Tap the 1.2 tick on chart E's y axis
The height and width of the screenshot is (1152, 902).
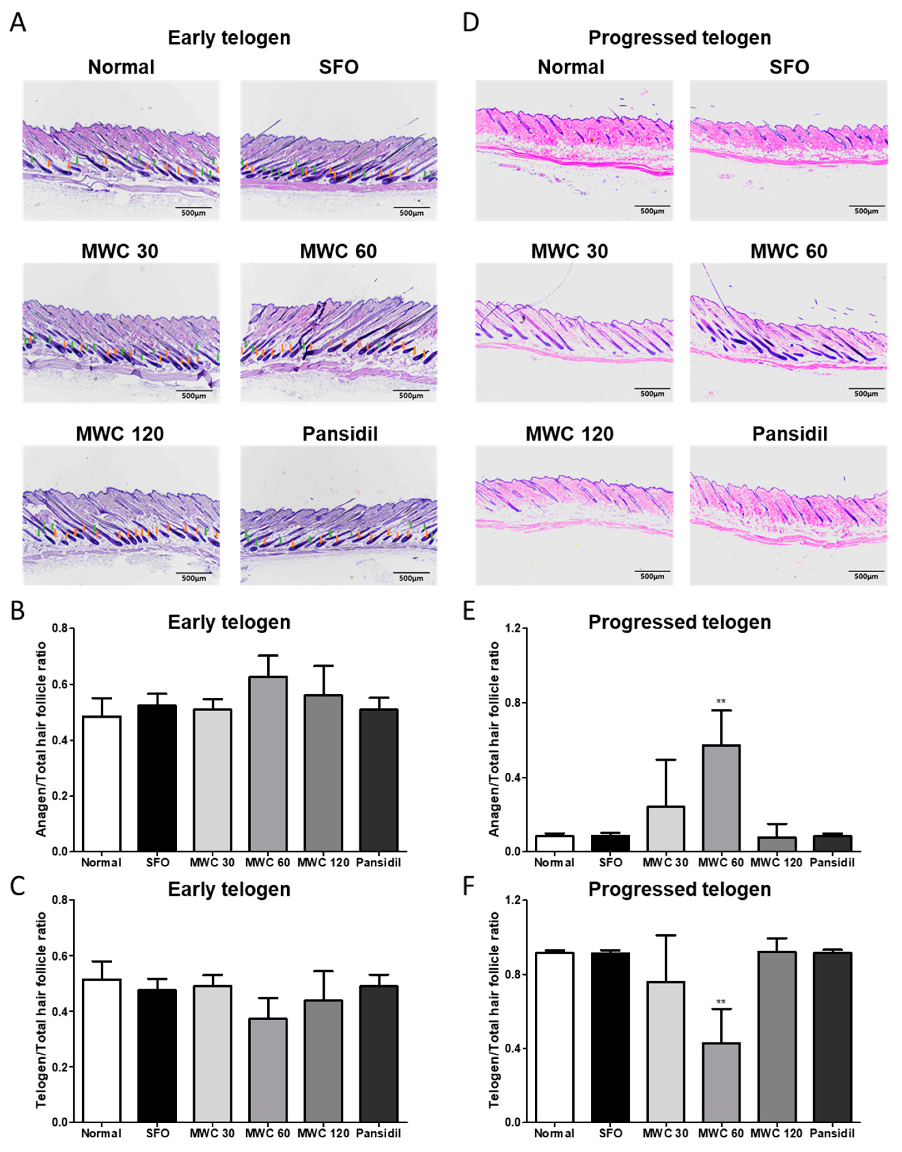512,629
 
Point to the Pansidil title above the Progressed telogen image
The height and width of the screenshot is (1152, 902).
789,434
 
